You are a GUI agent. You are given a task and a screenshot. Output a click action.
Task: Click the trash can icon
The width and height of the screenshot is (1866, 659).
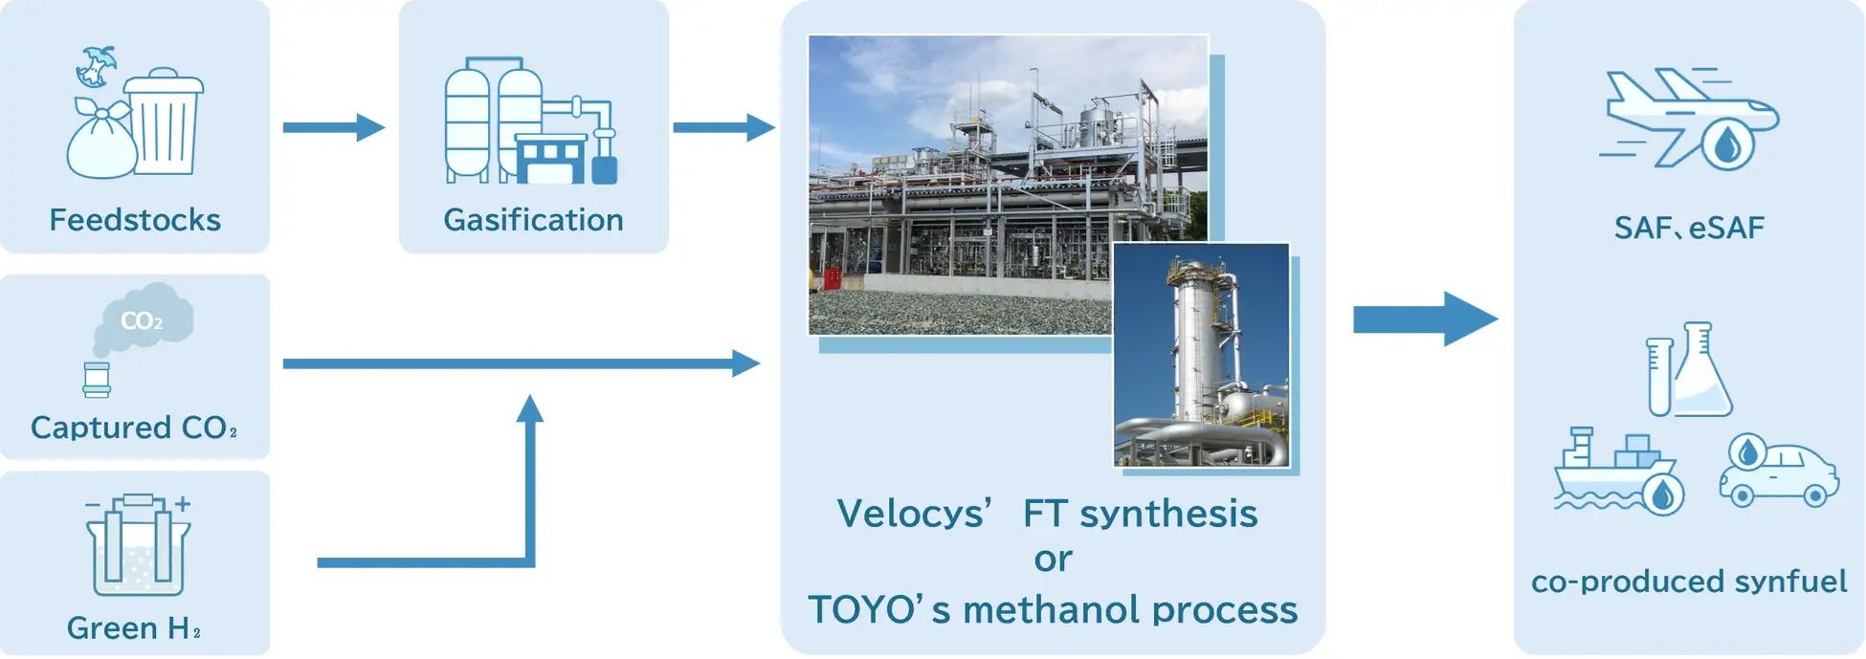click(164, 121)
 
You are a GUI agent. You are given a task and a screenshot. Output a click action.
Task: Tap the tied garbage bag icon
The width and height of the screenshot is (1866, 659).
click(100, 143)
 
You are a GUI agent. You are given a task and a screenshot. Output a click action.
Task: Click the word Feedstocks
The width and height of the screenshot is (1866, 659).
click(135, 220)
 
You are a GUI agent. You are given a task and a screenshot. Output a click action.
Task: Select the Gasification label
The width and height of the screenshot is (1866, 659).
click(533, 220)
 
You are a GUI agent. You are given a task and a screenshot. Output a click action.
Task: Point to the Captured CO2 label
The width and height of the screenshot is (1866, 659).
click(133, 427)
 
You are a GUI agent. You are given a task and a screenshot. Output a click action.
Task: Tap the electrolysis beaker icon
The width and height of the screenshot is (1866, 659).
click(138, 545)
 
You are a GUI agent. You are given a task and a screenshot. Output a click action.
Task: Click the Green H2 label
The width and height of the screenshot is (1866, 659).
click(133, 627)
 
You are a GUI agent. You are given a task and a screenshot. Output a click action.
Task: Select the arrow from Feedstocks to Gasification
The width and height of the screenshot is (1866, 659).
click(332, 127)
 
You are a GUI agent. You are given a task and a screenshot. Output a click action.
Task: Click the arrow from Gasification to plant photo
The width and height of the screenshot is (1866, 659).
click(722, 127)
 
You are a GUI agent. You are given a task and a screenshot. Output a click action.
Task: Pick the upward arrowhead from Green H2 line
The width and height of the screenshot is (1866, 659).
click(529, 409)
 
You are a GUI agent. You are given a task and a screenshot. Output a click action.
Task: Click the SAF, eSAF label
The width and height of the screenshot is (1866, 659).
click(1689, 228)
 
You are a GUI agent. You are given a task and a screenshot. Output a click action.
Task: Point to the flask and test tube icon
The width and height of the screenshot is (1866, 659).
click(1689, 370)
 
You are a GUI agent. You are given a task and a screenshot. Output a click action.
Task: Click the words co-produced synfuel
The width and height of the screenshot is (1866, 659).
click(1689, 581)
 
